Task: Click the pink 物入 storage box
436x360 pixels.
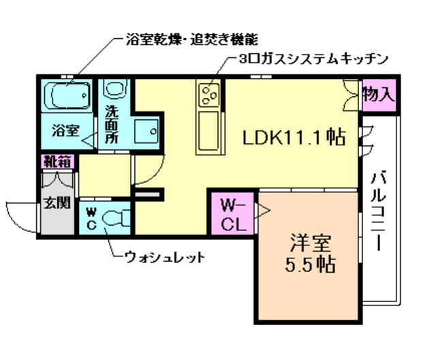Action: tap(378, 94)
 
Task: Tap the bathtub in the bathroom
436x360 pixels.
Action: tap(69, 96)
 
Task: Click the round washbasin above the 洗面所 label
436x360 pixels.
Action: tap(114, 89)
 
